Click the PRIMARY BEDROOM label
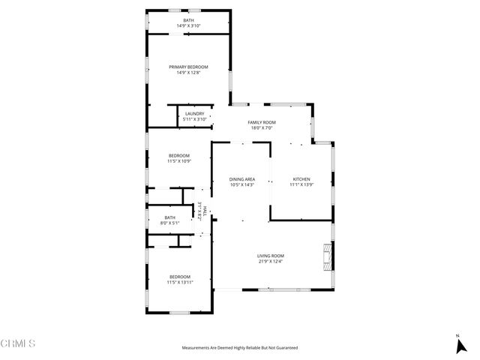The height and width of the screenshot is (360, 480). coord(188,67)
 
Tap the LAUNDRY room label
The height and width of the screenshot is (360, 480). coord(195,113)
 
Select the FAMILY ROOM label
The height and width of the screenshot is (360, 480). coord(262,122)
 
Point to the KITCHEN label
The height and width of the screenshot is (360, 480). coord(301,179)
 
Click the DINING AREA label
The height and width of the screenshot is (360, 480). coord(242,179)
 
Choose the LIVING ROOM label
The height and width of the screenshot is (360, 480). coord(271,256)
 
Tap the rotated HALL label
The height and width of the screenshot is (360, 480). coord(200,211)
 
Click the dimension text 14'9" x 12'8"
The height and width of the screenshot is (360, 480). coord(188,73)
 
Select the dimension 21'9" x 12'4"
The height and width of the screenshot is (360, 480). coord(271,262)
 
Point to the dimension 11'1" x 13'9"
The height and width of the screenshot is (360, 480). coord(301,185)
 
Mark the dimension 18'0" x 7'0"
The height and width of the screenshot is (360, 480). coord(262,128)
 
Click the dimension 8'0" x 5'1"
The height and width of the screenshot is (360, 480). coord(170,223)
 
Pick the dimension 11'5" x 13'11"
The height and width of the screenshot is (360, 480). coord(179,282)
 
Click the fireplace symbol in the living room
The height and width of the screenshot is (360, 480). coord(325,256)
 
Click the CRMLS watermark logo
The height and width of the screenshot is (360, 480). coord(19,344)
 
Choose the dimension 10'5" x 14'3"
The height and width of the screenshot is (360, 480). coord(242,185)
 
